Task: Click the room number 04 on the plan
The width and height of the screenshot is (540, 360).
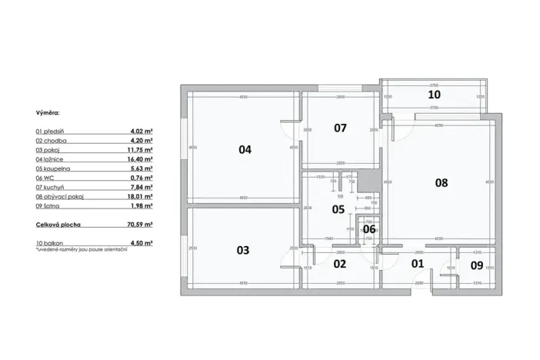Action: (245, 150)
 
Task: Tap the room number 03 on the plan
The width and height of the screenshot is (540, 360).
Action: (243, 250)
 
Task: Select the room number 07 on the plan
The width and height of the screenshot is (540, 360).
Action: (340, 128)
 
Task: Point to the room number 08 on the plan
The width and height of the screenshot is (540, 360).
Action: (441, 183)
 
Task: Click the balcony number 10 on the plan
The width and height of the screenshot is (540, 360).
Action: (434, 95)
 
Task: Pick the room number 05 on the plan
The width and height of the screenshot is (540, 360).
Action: (338, 209)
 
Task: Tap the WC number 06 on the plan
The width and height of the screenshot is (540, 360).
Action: (368, 228)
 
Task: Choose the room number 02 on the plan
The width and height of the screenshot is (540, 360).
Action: (339, 264)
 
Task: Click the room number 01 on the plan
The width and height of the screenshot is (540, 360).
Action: (418, 264)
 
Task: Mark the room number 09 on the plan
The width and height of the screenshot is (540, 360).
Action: (476, 266)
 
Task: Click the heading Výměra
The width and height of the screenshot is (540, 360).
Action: (47, 112)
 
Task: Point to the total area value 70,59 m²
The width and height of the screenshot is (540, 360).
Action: (139, 225)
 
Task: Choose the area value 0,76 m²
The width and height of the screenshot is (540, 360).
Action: (142, 178)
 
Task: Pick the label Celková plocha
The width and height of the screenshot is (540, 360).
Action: (58, 225)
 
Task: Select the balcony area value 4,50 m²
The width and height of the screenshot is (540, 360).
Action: (142, 243)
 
